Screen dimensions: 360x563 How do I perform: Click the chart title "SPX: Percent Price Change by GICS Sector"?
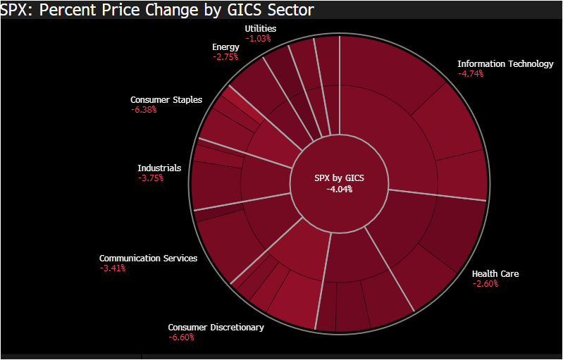(157, 10)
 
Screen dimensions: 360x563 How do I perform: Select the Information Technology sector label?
(505, 64)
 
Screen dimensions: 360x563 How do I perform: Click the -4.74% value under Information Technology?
(471, 74)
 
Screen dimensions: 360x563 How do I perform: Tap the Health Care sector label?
(495, 273)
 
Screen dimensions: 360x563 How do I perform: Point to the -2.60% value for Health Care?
(485, 284)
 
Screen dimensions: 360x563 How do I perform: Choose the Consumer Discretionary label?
(216, 328)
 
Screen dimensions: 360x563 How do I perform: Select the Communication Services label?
(148, 259)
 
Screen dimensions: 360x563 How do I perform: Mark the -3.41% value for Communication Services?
(112, 268)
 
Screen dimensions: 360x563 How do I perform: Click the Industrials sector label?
(159, 168)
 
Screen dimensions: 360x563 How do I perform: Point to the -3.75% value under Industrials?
(151, 178)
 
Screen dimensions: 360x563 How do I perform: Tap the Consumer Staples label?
(166, 100)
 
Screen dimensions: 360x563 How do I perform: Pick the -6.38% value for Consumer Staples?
(143, 110)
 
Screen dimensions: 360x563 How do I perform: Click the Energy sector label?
(225, 47)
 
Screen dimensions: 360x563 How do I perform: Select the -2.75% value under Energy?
(225, 57)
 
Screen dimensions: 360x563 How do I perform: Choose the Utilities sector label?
(261, 28)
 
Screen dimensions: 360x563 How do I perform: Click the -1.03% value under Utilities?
(258, 38)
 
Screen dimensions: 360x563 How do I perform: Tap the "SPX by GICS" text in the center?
(339, 178)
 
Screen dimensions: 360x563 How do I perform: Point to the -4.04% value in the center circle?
(339, 189)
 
